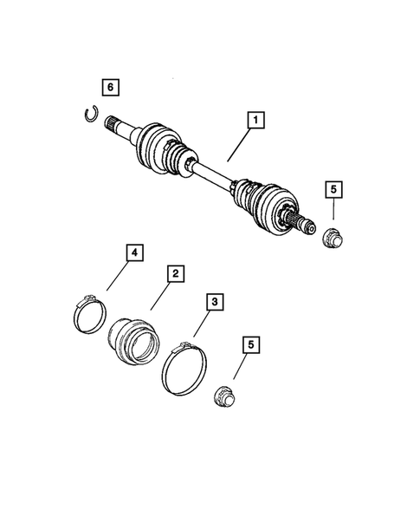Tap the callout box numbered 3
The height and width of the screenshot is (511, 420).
(x=210, y=303)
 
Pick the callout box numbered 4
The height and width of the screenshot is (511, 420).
(x=134, y=253)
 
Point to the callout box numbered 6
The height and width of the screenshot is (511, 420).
(x=109, y=87)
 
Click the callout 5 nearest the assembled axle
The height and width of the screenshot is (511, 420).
(x=332, y=190)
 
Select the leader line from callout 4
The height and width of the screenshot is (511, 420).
(x=120, y=277)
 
